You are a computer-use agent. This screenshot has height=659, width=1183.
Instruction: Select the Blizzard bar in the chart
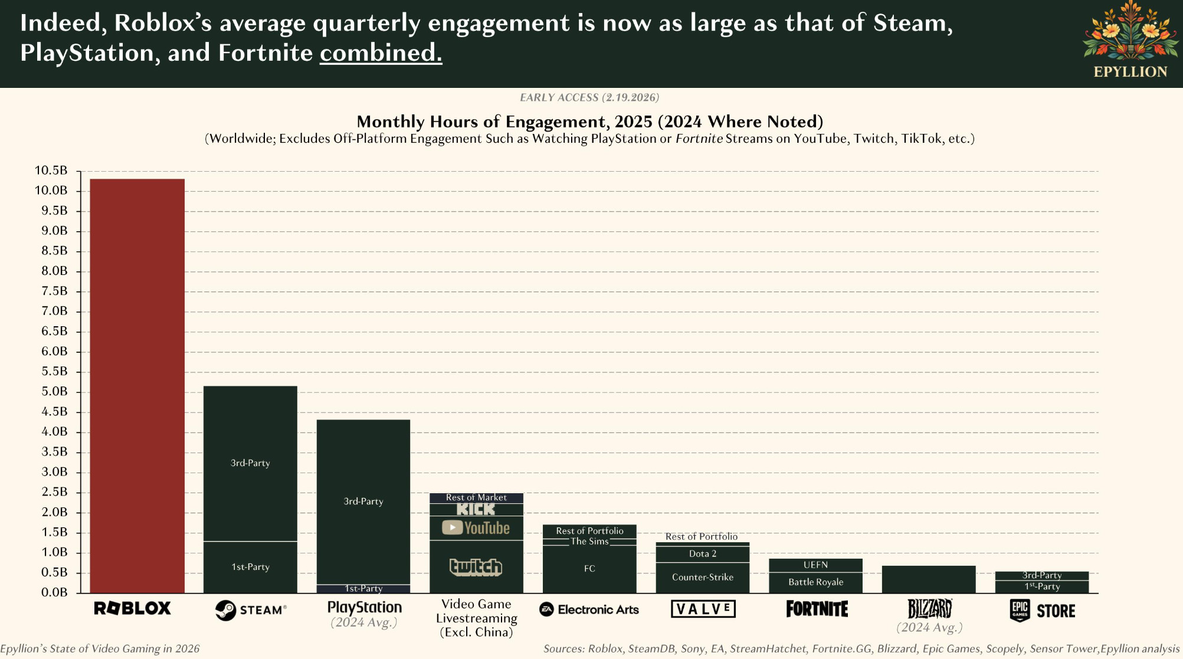[929, 579]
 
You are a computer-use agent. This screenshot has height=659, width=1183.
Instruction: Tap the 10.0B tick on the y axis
[51, 191]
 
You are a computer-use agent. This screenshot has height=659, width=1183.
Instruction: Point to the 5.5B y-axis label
[54, 372]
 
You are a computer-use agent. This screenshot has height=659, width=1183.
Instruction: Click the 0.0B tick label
[54, 592]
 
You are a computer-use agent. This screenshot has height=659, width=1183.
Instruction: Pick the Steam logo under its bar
[251, 610]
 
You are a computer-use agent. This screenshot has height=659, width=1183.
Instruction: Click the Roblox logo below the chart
[133, 608]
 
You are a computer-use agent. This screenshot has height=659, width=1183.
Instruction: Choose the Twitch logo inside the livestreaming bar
[476, 567]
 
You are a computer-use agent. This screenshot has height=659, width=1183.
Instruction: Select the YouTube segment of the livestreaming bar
[476, 528]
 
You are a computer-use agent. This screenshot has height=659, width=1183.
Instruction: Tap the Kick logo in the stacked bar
[476, 509]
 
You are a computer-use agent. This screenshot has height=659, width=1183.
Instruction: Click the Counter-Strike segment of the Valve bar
[703, 578]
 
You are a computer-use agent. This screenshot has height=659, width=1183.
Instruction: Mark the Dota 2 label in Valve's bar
[703, 554]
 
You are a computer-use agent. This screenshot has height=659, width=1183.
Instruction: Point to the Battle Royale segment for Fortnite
[816, 582]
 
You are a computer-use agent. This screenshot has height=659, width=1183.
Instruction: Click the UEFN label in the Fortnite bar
[816, 565]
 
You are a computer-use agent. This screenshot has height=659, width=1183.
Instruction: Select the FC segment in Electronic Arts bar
[589, 569]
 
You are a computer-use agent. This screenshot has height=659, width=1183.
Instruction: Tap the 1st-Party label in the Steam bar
[250, 567]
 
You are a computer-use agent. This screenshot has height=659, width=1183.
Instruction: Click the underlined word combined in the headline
[381, 53]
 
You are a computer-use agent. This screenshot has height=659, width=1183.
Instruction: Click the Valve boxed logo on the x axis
[703, 609]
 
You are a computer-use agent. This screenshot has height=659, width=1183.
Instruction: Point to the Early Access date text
[589, 97]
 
